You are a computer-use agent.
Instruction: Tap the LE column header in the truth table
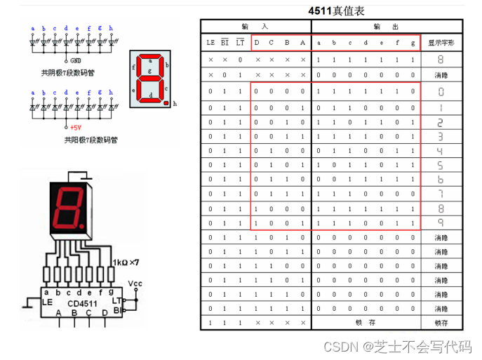coord(210,42)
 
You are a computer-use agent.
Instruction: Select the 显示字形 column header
coord(441,42)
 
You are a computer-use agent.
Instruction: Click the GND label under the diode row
coord(76,61)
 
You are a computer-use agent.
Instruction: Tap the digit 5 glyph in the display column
coord(441,165)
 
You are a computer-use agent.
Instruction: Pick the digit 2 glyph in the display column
coord(441,122)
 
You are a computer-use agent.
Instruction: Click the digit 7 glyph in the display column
coord(441,194)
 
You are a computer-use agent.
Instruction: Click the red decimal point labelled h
coord(166,103)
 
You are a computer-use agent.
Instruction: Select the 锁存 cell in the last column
coord(441,323)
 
